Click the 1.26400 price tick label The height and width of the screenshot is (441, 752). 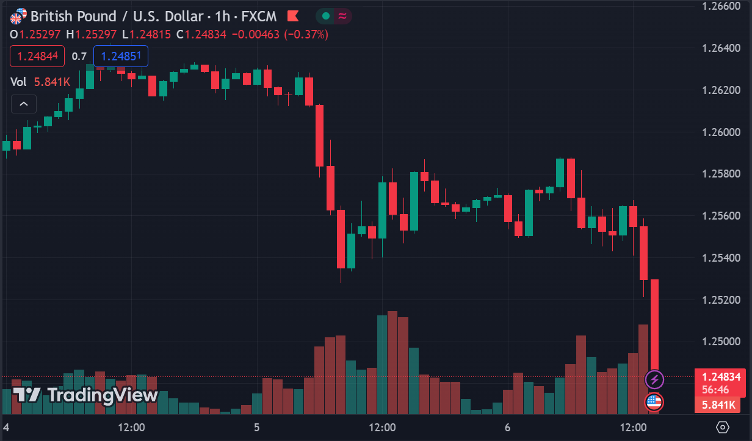[x=720, y=48]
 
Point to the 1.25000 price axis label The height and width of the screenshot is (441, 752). [x=720, y=342]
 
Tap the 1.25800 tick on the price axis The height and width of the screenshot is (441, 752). [x=720, y=174]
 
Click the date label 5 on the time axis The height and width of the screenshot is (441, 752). [x=257, y=427]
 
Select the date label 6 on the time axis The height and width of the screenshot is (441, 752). [x=507, y=427]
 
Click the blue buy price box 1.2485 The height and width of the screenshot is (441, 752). [x=120, y=56]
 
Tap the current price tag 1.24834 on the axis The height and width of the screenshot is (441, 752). [x=720, y=377]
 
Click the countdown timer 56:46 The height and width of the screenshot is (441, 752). [x=715, y=389]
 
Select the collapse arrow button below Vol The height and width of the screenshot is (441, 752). [x=24, y=104]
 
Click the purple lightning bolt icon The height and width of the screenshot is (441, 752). [x=654, y=379]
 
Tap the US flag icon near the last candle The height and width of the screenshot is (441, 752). [x=654, y=401]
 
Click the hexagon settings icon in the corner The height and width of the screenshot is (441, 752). [x=723, y=427]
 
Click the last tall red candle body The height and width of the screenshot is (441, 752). [x=654, y=323]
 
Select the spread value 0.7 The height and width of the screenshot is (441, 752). [x=79, y=56]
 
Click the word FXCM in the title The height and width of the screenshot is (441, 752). [x=260, y=16]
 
